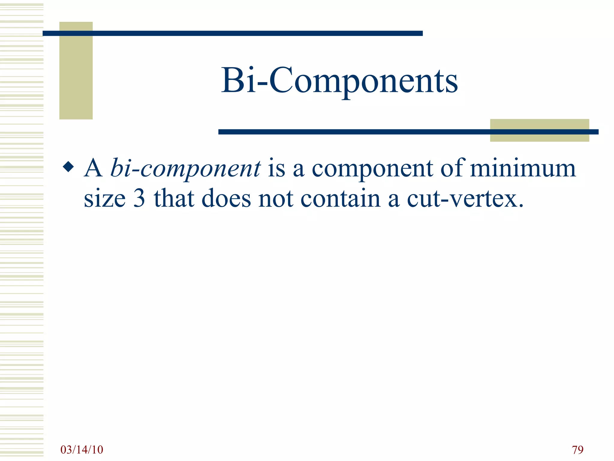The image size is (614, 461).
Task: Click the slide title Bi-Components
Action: click(x=339, y=80)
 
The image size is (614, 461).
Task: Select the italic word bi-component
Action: click(x=186, y=169)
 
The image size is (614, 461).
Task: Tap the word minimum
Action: click(x=523, y=168)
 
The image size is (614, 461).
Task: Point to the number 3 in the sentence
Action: click(x=139, y=198)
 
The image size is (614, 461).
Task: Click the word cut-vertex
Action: click(x=465, y=198)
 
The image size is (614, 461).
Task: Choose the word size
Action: click(x=105, y=199)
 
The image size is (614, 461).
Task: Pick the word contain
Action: click(x=341, y=198)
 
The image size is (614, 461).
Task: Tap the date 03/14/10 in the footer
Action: click(x=82, y=450)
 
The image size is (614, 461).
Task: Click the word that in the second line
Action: click(x=174, y=198)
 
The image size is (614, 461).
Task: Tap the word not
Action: click(x=276, y=198)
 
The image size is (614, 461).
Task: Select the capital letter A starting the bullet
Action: click(x=94, y=168)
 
